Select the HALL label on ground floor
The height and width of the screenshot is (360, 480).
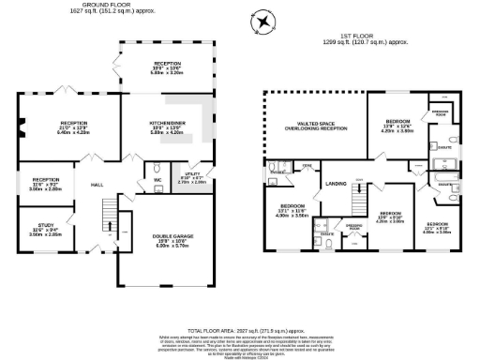point(97,185)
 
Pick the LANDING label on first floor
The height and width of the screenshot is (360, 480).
point(336,183)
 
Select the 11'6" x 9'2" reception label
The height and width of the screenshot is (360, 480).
point(46,183)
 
